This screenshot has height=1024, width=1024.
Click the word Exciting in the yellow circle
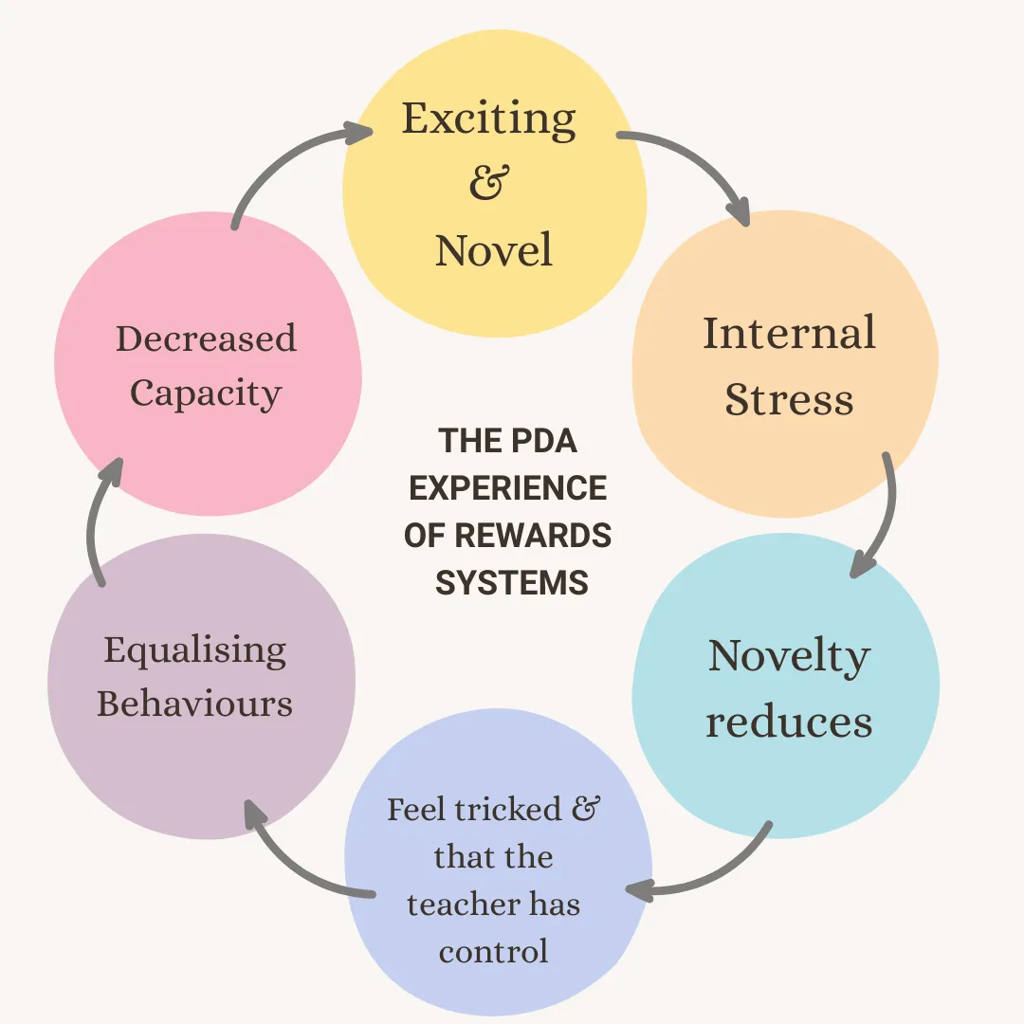488,119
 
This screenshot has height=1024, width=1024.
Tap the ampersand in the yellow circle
489,182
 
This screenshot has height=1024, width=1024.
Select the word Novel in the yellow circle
493,250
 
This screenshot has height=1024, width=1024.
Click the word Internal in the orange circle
789,334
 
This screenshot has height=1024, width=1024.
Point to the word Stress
789,399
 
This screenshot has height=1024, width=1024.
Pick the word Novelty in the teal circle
789,657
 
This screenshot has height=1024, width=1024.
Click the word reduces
789,722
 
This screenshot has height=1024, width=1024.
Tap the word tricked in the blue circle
506,810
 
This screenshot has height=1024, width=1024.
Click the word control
493,951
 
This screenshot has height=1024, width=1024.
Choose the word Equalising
194,650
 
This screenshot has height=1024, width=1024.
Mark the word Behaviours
194,704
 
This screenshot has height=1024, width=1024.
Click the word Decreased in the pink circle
206,338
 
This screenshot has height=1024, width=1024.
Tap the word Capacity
206,393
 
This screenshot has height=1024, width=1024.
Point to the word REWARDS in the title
534,536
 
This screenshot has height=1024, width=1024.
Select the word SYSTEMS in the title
511,582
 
